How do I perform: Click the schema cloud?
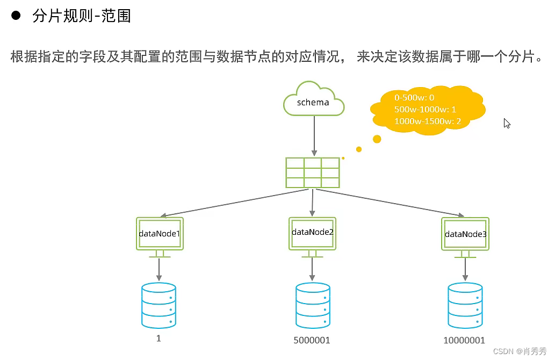(x=313, y=100)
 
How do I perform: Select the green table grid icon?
(x=313, y=172)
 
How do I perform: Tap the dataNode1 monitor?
(x=160, y=234)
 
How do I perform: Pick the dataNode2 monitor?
(x=312, y=233)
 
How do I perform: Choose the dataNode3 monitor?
(x=465, y=234)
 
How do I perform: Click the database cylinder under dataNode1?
(x=158, y=305)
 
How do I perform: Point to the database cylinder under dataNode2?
(x=312, y=305)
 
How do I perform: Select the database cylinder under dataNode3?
(x=465, y=305)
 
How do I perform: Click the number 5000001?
(x=312, y=340)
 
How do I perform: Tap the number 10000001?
(x=464, y=340)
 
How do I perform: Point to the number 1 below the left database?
(x=158, y=339)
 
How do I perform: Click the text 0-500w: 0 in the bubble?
(x=414, y=98)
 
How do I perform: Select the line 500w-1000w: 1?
(x=425, y=110)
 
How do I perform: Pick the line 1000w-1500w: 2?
(x=428, y=121)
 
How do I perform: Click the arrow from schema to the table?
(x=314, y=134)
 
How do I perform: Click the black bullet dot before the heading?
(x=16, y=16)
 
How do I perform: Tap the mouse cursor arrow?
(x=507, y=123)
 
